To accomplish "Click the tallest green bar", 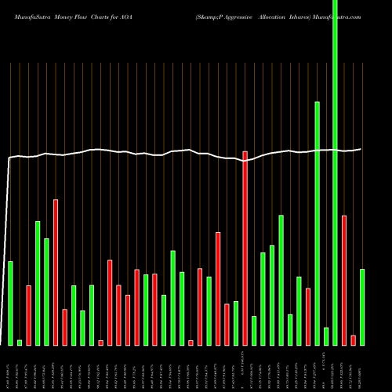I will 336,172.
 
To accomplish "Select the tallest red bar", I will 245,248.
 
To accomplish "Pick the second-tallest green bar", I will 318,223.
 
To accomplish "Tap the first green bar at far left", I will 11,303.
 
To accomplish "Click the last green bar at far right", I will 362,307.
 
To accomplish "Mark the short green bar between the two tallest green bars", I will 326,336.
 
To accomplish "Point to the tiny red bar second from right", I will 354,339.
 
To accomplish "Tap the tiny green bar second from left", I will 20,342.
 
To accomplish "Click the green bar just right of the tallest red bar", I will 254,330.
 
